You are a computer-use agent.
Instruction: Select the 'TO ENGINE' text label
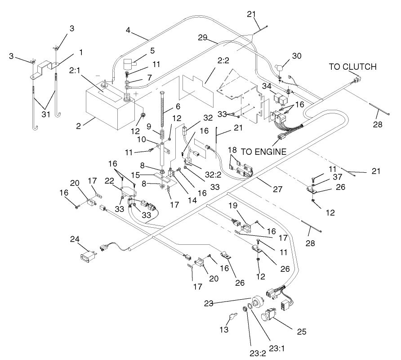tap(264, 152)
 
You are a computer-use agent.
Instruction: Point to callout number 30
tap(297, 56)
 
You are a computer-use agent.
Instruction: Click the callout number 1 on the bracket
tap(80, 52)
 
